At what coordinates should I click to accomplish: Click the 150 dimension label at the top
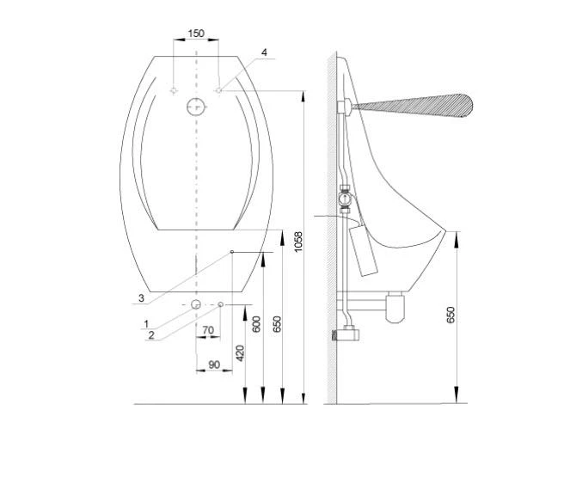tap(196, 34)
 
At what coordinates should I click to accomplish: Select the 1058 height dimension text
tap(298, 242)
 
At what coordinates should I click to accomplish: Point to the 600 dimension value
tap(256, 324)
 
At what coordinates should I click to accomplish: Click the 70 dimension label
tap(207, 329)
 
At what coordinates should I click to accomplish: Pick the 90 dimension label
tap(214, 365)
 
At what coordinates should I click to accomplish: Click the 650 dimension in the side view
tap(450, 314)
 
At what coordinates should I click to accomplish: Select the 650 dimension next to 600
tap(277, 324)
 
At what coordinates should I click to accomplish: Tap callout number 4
tap(264, 52)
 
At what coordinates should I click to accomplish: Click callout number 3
tap(140, 298)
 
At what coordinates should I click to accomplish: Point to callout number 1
tap(146, 323)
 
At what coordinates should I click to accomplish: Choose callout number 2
tap(151, 335)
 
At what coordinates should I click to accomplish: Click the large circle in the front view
tap(196, 107)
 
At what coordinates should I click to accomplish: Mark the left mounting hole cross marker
tap(174, 89)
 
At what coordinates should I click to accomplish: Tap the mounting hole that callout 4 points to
tap(219, 89)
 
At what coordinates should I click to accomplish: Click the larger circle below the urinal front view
tap(197, 305)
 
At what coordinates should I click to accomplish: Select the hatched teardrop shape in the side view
tap(416, 107)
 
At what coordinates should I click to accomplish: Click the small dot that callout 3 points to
tap(232, 252)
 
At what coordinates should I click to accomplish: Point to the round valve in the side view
tap(344, 201)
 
